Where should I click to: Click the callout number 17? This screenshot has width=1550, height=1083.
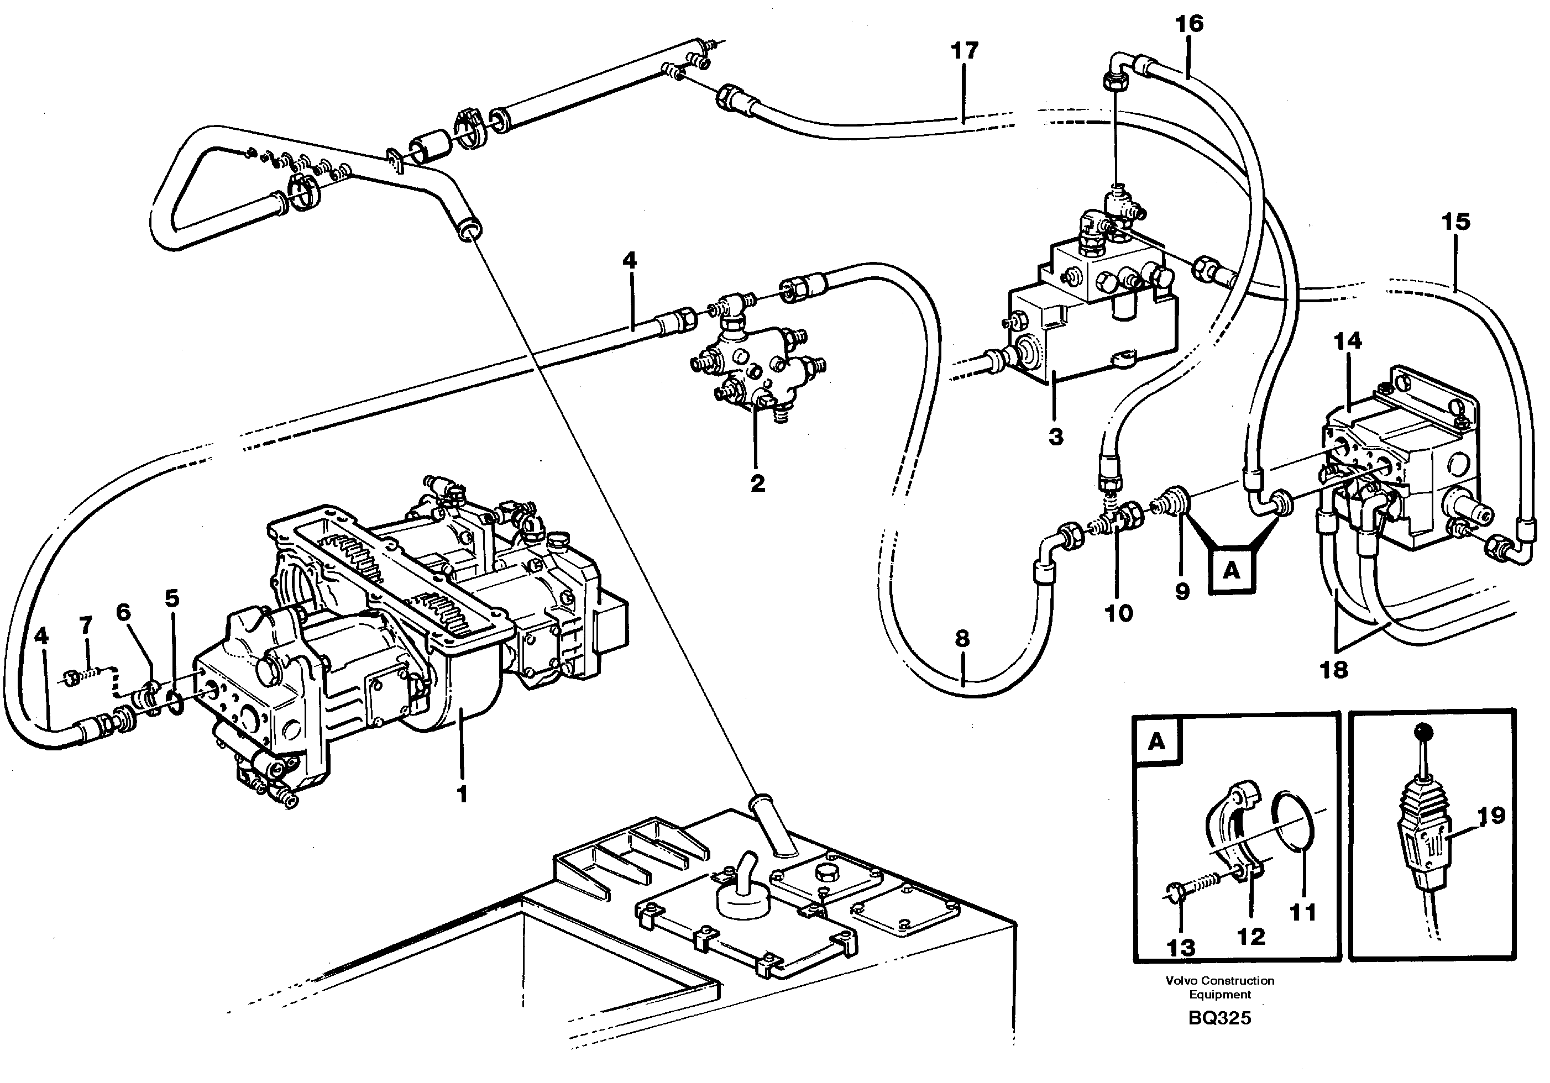tap(964, 51)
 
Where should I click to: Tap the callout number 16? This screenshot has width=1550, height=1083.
tap(1189, 24)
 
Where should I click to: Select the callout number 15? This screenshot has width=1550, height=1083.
tap(1455, 222)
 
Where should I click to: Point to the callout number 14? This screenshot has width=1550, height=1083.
tap(1348, 341)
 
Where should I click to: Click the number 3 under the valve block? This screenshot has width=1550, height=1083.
tap(1056, 437)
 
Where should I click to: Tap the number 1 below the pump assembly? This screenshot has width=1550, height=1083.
tap(462, 795)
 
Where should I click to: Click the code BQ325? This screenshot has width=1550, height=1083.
tap(1219, 1018)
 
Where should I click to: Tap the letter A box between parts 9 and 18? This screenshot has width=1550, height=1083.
tap(1232, 571)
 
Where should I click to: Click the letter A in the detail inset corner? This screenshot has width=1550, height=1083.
tap(1156, 742)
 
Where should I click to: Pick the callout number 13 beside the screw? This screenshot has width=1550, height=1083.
tap(1181, 948)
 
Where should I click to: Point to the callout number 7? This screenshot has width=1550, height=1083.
tap(86, 625)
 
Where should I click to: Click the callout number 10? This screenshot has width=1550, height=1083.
tap(1118, 613)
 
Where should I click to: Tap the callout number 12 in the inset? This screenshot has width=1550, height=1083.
tap(1250, 936)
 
